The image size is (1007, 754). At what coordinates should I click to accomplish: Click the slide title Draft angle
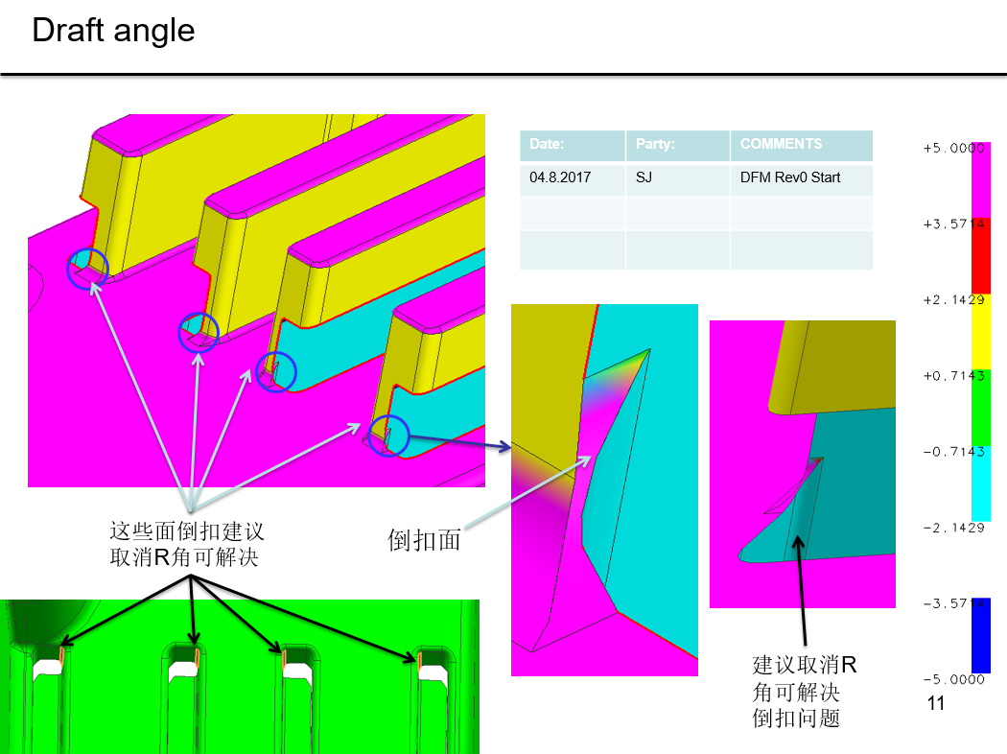(x=113, y=30)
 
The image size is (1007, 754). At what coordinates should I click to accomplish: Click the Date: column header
(x=547, y=144)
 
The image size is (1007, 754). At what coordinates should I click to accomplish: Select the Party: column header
(x=655, y=144)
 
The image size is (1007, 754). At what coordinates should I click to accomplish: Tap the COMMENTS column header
(x=781, y=144)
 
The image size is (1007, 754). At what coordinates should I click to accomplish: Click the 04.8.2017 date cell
(x=560, y=177)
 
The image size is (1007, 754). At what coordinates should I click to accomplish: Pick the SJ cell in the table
(x=644, y=177)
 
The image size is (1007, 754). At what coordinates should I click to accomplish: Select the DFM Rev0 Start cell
(x=790, y=177)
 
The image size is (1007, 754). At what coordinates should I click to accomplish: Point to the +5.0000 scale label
(x=953, y=149)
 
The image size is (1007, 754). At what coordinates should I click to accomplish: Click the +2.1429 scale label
(x=953, y=300)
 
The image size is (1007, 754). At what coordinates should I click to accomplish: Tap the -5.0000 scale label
(x=953, y=679)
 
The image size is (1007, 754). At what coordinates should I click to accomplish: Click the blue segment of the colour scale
(x=981, y=635)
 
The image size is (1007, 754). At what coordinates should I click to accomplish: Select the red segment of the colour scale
(x=981, y=255)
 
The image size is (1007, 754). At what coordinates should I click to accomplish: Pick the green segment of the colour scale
(x=981, y=407)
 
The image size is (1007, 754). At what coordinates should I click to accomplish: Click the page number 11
(x=936, y=703)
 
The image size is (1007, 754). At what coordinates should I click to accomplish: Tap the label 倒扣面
(x=424, y=540)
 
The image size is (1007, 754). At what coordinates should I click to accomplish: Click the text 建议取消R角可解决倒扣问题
(x=804, y=691)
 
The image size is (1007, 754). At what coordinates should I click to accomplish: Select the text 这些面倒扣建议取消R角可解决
(x=186, y=544)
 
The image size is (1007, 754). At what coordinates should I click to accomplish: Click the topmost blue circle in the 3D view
(x=88, y=269)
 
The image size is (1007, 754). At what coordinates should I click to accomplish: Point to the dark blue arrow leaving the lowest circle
(x=459, y=442)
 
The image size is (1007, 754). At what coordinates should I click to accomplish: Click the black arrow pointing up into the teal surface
(x=802, y=590)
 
